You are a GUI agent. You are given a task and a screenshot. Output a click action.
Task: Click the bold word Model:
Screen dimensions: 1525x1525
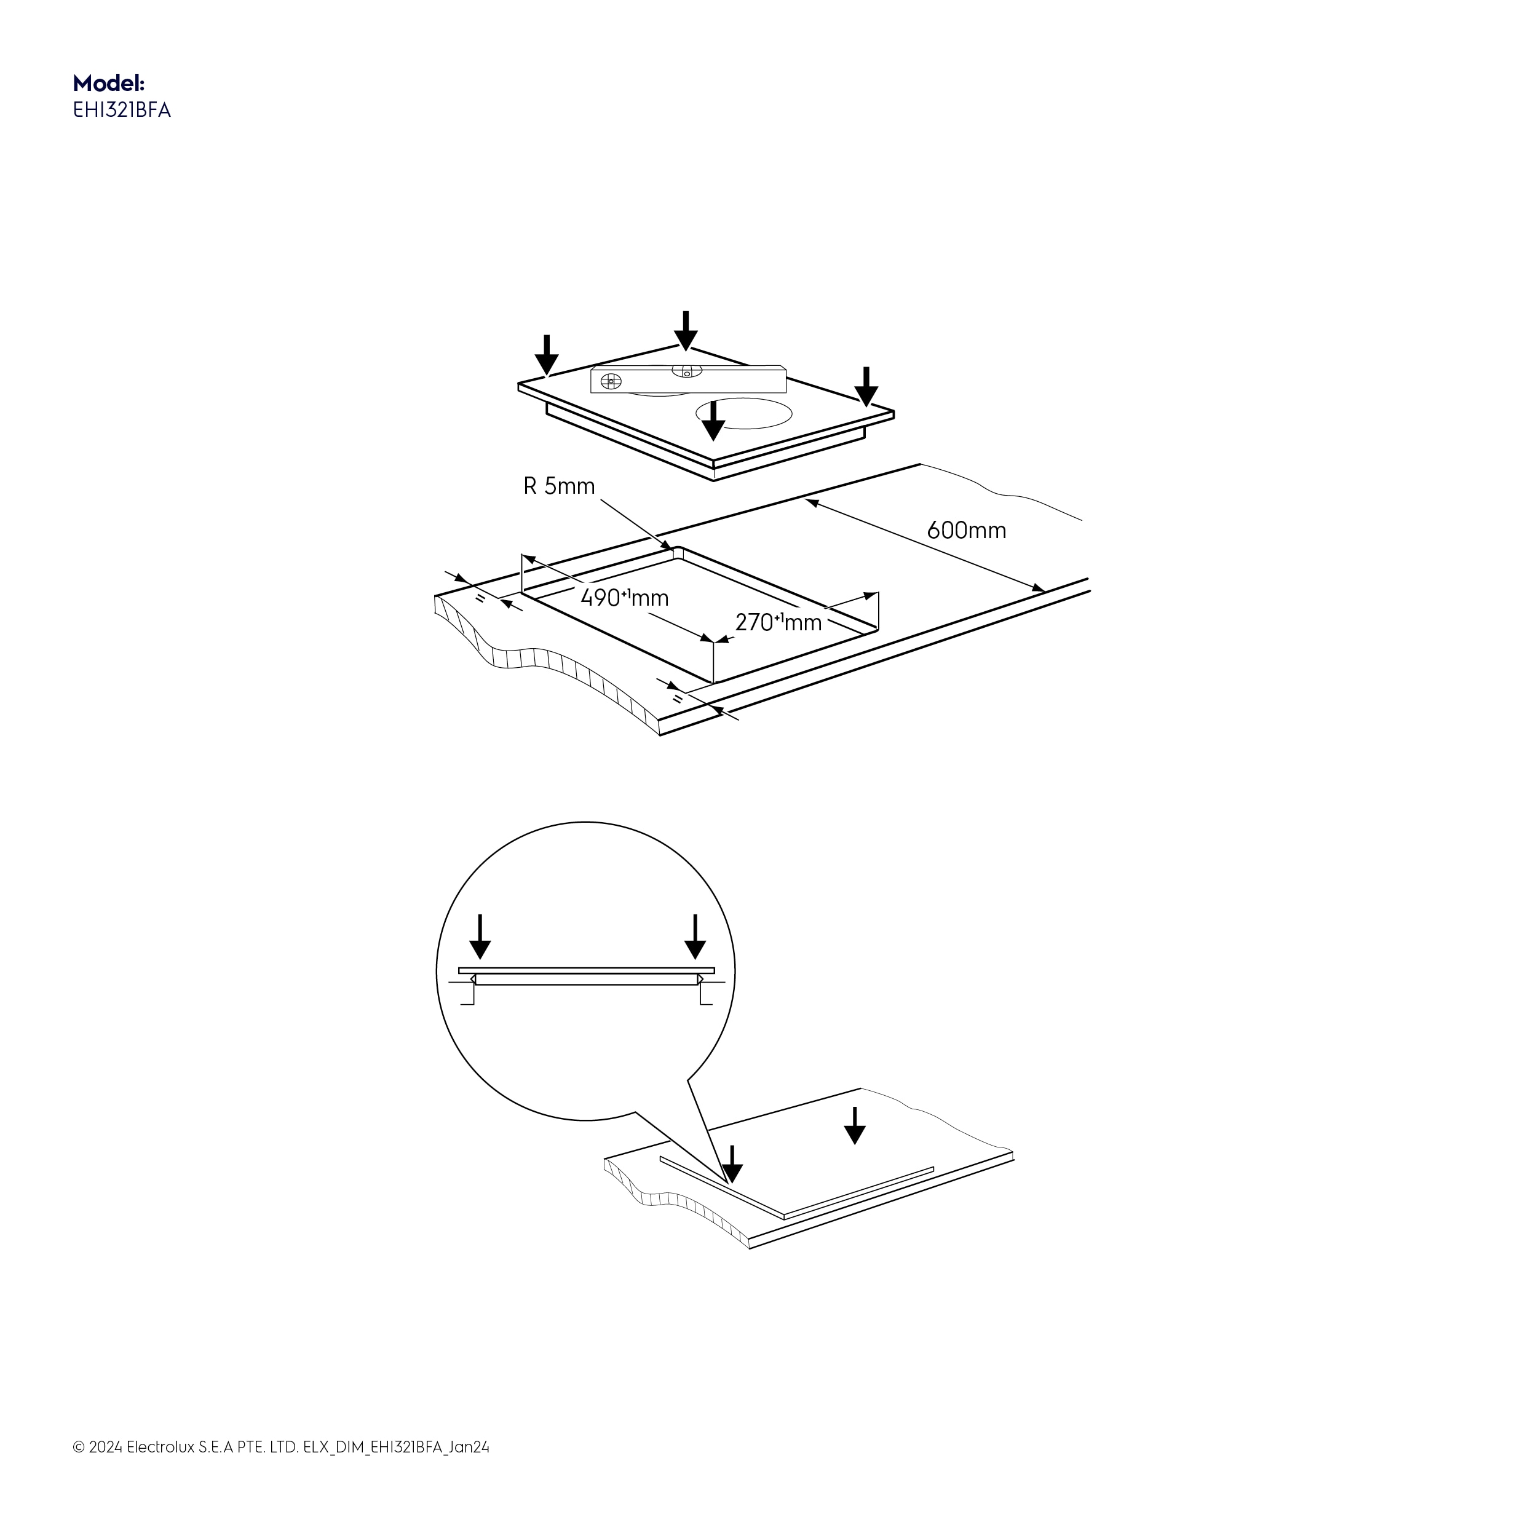point(109,83)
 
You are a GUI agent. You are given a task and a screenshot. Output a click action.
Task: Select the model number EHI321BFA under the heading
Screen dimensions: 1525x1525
point(122,111)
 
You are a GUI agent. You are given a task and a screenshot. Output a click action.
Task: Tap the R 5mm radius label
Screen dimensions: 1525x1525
point(559,486)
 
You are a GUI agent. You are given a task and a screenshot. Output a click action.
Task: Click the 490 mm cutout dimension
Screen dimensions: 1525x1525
point(624,598)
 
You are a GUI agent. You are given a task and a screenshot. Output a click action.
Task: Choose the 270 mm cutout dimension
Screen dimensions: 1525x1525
point(778,623)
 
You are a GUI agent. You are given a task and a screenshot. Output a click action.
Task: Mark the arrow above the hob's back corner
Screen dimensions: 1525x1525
point(686,330)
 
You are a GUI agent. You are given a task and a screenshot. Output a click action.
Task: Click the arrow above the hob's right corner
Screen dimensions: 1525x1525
point(866,387)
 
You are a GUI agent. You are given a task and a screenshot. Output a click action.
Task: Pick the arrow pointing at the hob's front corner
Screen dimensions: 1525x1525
point(713,421)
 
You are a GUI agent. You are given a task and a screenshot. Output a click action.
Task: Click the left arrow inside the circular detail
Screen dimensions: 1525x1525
point(480,937)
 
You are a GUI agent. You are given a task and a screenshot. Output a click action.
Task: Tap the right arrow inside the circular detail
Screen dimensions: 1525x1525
point(695,937)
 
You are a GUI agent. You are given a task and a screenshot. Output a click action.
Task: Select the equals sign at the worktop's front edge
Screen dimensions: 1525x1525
point(677,699)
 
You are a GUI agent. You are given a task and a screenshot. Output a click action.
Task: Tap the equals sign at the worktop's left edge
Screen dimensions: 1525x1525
point(480,599)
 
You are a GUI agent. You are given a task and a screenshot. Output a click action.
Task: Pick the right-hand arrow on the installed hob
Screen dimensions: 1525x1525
point(854,1125)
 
